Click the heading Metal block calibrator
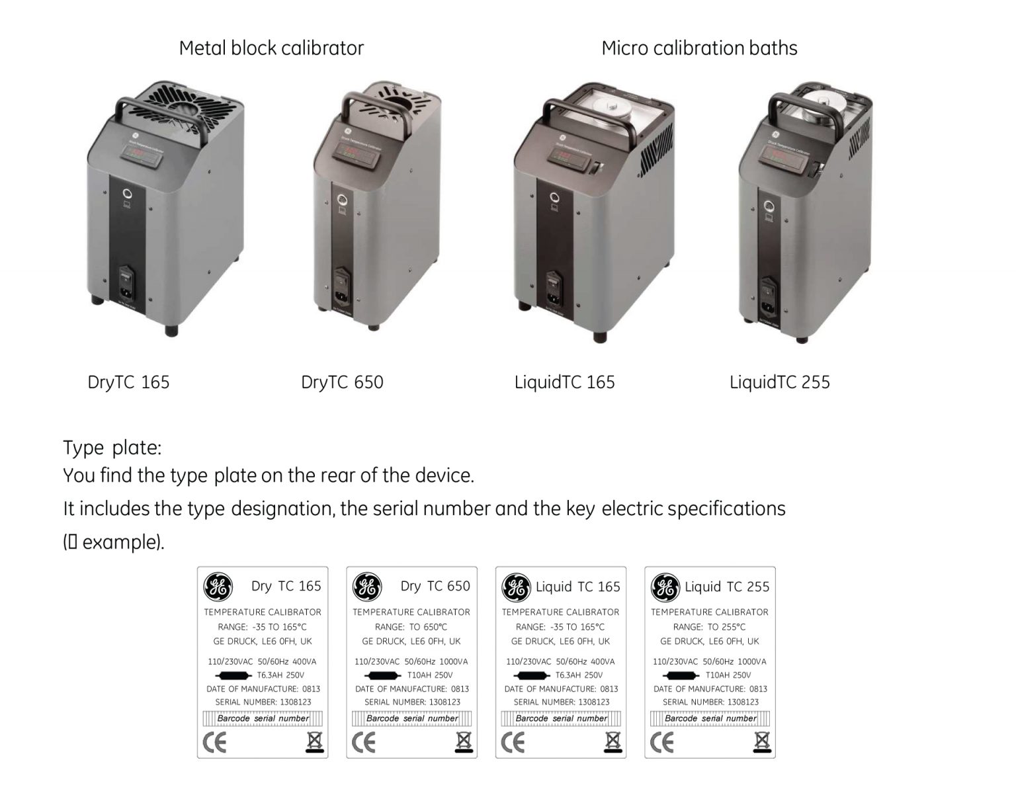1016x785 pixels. [x=271, y=48]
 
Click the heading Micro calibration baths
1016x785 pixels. [x=699, y=48]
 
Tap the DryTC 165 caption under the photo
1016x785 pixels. [x=128, y=382]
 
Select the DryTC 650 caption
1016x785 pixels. [x=342, y=382]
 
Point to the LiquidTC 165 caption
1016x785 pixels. [x=564, y=382]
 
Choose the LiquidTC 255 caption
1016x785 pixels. [x=779, y=382]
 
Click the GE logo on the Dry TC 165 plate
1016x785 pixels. [x=218, y=587]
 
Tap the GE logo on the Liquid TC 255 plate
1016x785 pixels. [x=665, y=587]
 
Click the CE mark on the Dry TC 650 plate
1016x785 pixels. [x=363, y=743]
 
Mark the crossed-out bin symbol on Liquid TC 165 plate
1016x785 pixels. [x=613, y=742]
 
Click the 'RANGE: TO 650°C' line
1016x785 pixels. [x=411, y=627]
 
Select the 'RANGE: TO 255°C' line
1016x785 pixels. [x=709, y=627]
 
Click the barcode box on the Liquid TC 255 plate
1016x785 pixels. [x=710, y=718]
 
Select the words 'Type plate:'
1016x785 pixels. [x=112, y=448]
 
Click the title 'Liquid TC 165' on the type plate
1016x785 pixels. [x=577, y=587]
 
